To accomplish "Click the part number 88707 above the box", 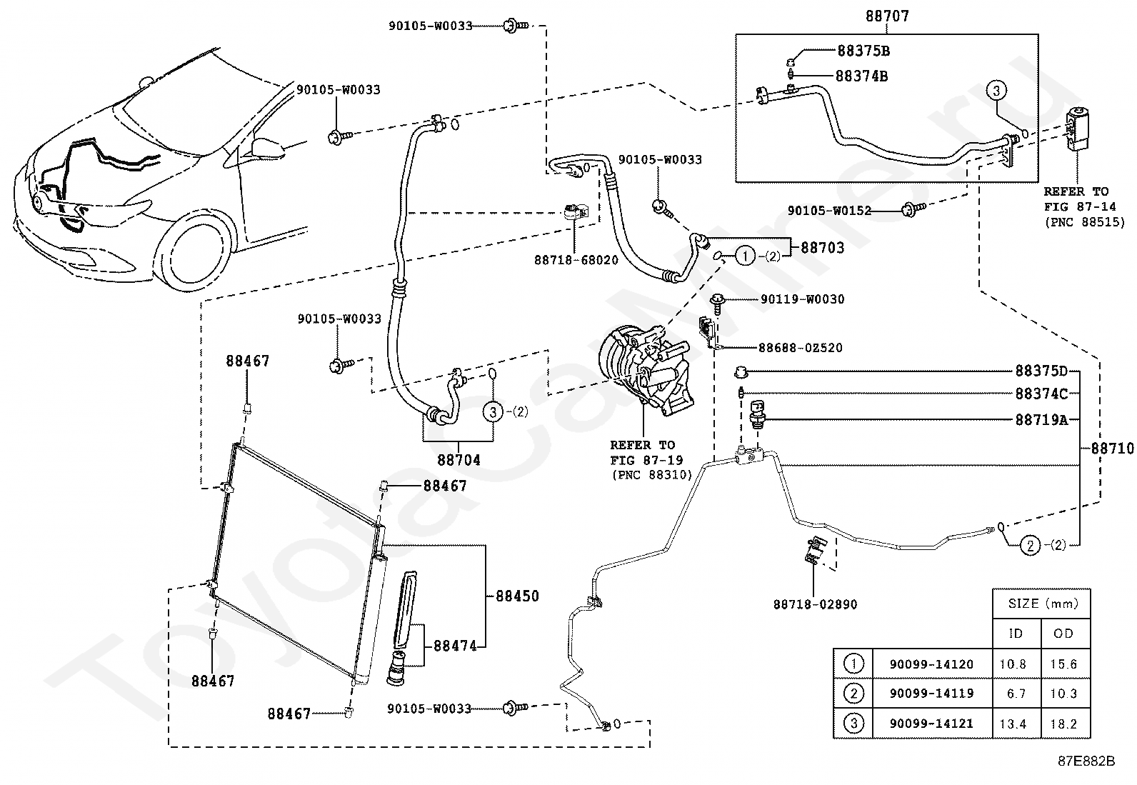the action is [887, 16].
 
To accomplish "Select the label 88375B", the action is [863, 51].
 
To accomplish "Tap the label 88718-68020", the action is [576, 260].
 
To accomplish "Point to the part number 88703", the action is [822, 248].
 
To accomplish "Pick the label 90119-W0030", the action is [803, 299].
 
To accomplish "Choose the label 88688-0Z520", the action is [801, 348].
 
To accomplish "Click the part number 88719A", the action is [1041, 420].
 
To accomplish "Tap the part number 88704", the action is [459, 460].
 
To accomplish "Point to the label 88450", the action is [517, 596].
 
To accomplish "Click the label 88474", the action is [456, 646].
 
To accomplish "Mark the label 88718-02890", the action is [815, 604].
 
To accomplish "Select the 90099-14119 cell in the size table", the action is [931, 694].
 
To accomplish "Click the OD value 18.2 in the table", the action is [1063, 724].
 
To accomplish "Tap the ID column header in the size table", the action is [1016, 634].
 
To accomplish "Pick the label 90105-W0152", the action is [829, 210].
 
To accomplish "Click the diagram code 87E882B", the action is [1086, 761].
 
